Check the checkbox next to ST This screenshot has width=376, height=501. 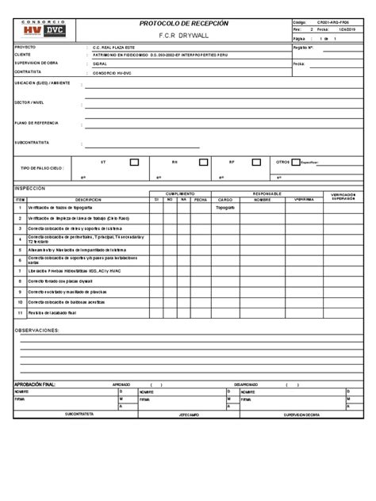click(134, 162)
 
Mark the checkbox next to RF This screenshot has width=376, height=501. click(257, 162)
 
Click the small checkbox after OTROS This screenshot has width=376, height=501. click(295, 162)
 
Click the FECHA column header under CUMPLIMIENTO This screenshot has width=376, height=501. click(200, 200)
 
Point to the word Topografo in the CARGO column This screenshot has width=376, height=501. click(224, 207)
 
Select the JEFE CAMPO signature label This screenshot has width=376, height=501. click(189, 415)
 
